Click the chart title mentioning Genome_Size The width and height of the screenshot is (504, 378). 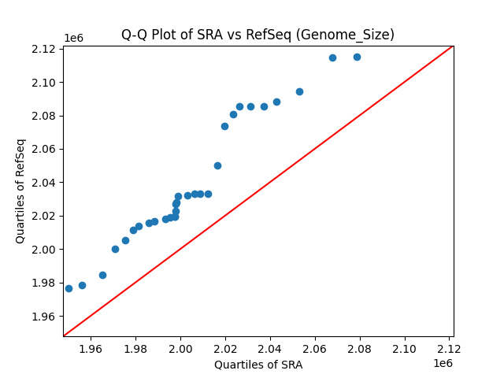[258, 35]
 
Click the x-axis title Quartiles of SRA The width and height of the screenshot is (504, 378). [258, 365]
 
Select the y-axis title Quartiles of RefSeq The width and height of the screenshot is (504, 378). [20, 191]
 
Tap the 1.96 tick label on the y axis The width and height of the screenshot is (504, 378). [44, 317]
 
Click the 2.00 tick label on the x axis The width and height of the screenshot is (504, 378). [180, 349]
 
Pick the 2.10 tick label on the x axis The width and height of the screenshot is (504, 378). [405, 349]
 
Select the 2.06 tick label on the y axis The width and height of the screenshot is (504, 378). [44, 150]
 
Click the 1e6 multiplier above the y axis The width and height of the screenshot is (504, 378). [73, 38]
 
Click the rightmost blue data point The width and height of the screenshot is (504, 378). [357, 57]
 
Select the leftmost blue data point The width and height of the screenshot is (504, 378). [69, 288]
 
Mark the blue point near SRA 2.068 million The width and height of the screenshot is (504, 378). [332, 57]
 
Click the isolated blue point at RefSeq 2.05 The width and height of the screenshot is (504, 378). [217, 165]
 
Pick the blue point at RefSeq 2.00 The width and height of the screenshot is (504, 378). [115, 249]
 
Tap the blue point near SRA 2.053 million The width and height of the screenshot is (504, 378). [299, 91]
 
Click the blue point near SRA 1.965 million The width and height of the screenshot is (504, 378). [102, 275]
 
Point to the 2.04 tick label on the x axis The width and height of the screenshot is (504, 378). [270, 349]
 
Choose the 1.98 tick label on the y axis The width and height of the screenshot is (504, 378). [44, 283]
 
